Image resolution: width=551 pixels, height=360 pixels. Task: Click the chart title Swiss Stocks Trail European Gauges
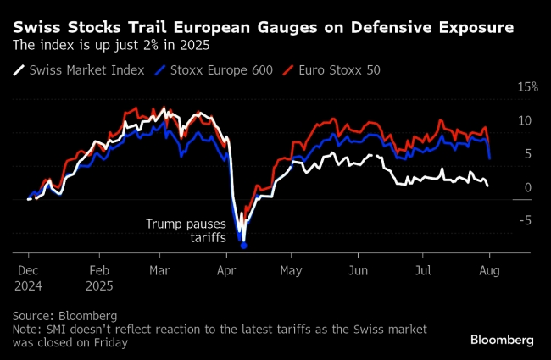tap(263, 27)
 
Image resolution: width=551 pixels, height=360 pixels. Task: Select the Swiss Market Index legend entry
tap(81, 69)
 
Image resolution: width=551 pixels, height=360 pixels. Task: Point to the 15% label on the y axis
tap(528, 87)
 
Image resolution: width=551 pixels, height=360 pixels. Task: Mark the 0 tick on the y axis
tap(527, 188)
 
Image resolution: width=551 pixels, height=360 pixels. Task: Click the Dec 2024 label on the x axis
tap(29, 277)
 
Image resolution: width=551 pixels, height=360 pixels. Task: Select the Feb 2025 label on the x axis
tap(100, 277)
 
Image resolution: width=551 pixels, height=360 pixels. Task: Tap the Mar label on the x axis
tap(160, 270)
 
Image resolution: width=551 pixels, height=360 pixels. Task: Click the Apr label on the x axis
tap(227, 270)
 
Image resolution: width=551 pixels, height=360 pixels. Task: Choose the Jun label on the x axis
tap(358, 270)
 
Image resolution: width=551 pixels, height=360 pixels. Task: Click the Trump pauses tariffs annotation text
tap(186, 231)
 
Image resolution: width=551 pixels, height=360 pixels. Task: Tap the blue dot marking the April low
tap(244, 246)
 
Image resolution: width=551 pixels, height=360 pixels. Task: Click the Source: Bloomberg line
tap(65, 315)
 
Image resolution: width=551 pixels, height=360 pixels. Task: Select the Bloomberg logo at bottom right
tap(502, 340)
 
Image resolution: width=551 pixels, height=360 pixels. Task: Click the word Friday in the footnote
tap(109, 342)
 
